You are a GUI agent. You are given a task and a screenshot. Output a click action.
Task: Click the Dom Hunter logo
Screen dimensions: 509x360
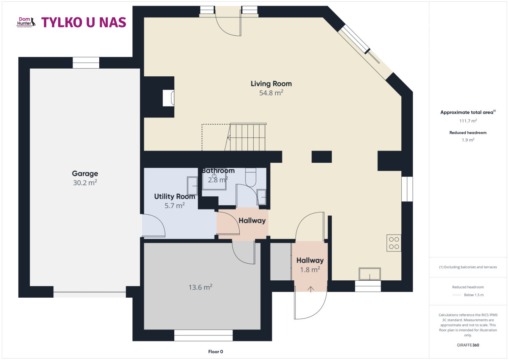(x=26, y=22)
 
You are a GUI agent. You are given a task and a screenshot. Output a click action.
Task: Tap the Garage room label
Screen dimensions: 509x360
(x=85, y=173)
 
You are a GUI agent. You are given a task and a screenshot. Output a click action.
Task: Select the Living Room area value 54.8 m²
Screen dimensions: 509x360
(x=271, y=93)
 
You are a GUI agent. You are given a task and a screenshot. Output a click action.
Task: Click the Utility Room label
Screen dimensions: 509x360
(x=174, y=196)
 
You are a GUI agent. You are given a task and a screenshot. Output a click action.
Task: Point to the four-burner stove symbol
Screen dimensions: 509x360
(x=394, y=243)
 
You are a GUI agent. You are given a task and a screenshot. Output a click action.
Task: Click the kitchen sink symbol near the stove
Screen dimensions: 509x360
(x=370, y=273)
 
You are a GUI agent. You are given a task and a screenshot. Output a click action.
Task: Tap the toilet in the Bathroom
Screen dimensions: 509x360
(x=251, y=177)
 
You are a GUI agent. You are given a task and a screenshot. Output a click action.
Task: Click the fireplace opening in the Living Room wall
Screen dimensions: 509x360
(x=168, y=98)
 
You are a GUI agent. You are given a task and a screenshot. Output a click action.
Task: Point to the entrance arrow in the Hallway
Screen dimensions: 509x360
(x=310, y=289)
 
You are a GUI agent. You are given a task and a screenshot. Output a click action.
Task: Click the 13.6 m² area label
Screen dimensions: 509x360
(x=200, y=287)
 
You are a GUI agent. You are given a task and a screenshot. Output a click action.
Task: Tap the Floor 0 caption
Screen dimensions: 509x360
(x=215, y=352)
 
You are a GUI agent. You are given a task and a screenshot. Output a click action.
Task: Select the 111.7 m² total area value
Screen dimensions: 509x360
(x=468, y=121)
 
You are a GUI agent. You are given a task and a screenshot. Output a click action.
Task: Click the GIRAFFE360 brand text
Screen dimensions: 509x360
(x=468, y=345)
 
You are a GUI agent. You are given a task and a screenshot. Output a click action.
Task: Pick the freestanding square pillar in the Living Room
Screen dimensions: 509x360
(x=322, y=157)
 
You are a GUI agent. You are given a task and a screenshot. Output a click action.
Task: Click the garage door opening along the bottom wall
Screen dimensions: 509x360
(x=89, y=294)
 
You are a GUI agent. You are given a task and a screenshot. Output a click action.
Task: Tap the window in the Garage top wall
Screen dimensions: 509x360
(x=86, y=63)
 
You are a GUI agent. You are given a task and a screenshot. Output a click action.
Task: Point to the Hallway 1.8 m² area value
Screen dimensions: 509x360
(x=310, y=270)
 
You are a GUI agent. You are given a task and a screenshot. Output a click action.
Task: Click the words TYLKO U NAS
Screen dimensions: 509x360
(x=84, y=22)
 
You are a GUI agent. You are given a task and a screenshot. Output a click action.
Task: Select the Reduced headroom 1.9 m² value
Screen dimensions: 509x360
(x=468, y=140)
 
